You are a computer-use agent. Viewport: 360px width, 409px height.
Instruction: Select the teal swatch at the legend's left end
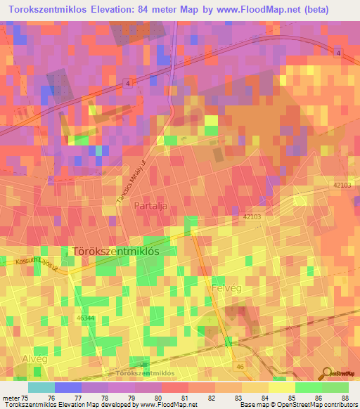[x=41, y=387]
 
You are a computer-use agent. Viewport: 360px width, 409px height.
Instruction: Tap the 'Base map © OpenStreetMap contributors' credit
[x=297, y=405]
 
